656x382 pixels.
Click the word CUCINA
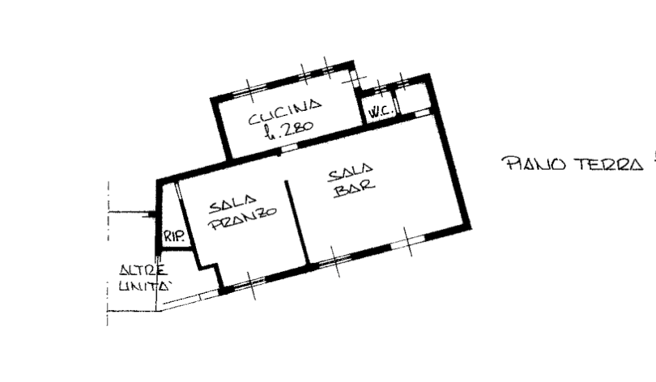pyautogui.click(x=285, y=112)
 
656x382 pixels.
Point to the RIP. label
pyautogui.click(x=174, y=237)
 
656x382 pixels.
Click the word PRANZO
pyautogui.click(x=243, y=219)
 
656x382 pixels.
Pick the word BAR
pyautogui.click(x=355, y=189)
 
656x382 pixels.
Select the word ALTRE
pyautogui.click(x=143, y=270)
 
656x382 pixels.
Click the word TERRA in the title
pyautogui.click(x=611, y=165)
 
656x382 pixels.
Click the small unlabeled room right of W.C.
pyautogui.click(x=413, y=99)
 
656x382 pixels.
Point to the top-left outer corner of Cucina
pyautogui.click(x=211, y=99)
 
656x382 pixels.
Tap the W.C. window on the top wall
pyautogui.click(x=382, y=88)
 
